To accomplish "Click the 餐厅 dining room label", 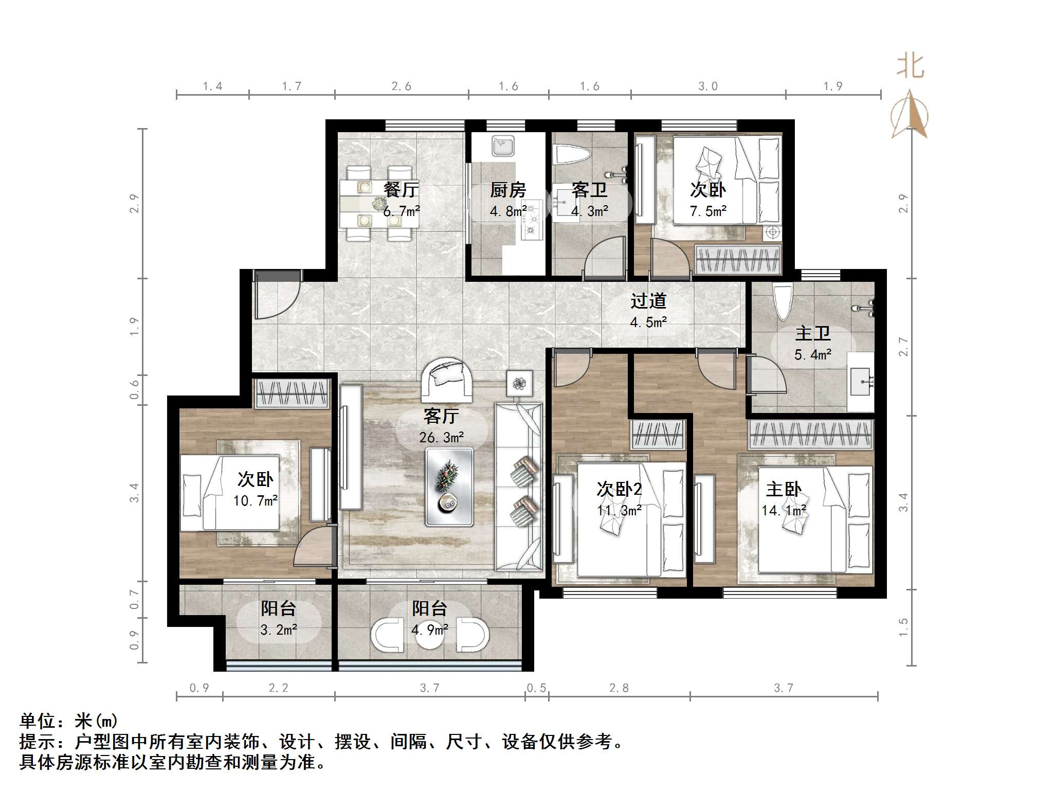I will (401, 190).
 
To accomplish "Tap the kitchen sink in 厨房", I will (502, 146).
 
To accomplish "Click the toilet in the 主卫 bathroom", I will (784, 301).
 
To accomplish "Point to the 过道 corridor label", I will (648, 301).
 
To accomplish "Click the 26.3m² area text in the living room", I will (441, 438).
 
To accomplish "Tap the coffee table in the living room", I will (449, 487).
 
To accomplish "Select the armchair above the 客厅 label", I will (446, 380).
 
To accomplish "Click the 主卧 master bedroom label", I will (784, 489).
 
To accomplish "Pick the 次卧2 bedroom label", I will (619, 489).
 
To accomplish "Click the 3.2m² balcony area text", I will (279, 630).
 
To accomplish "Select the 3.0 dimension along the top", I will (707, 86).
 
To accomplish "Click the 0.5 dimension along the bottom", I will (536, 688).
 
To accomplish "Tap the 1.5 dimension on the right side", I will (903, 627).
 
